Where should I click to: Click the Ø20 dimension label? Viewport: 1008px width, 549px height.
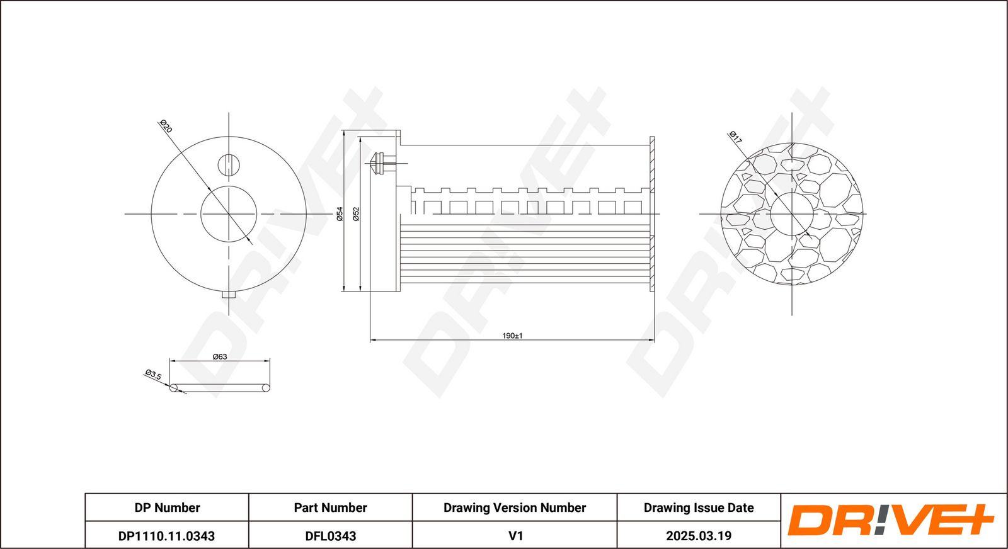point(166,127)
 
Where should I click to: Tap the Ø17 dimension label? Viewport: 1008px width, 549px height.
point(735,137)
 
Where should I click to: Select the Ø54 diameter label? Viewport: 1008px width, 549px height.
point(340,213)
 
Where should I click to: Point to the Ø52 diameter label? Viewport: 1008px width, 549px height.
point(356,213)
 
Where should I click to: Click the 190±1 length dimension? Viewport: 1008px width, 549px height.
point(512,336)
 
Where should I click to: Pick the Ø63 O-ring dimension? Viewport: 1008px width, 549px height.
point(220,356)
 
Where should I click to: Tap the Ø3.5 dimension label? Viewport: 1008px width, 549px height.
point(153,375)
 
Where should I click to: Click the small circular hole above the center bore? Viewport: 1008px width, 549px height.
point(229,164)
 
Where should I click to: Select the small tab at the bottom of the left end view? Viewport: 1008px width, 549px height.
point(229,295)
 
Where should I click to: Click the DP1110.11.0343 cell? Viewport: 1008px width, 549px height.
point(166,536)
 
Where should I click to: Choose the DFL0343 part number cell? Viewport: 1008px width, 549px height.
point(330,536)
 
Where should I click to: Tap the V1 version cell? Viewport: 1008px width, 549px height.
point(515,536)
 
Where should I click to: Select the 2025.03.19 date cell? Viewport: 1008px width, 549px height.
point(699,536)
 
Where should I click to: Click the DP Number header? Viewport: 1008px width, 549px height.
point(167,507)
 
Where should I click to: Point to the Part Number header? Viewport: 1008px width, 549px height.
point(330,507)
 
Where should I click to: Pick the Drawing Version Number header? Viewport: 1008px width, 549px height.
point(515,507)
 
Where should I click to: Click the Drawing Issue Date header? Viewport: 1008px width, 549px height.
point(699,507)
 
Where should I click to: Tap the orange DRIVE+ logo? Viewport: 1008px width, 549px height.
point(890,520)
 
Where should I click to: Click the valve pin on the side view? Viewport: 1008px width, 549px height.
point(383,164)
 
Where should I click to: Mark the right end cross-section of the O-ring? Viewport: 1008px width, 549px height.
point(266,388)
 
